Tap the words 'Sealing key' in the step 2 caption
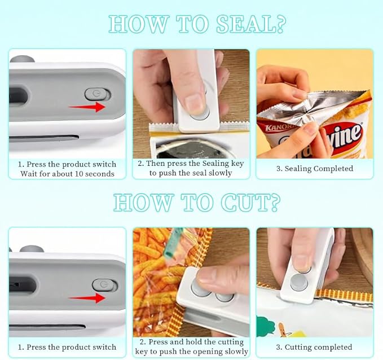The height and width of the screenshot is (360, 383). pyautogui.click(x=226, y=164)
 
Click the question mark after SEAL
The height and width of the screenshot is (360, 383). pyautogui.click(x=278, y=24)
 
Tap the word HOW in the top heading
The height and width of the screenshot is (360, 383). pyautogui.click(x=133, y=24)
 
